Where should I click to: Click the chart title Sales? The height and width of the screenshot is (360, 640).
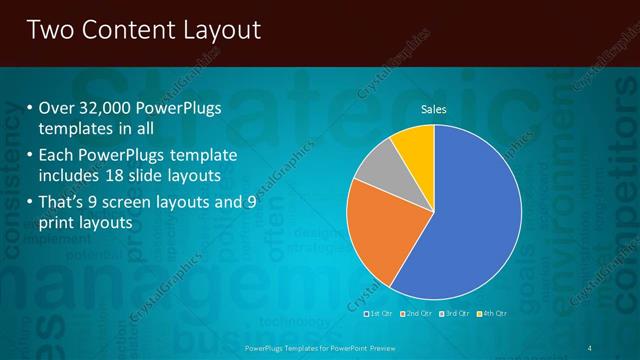(433, 109)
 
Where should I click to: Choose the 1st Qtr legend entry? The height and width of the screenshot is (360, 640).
(379, 313)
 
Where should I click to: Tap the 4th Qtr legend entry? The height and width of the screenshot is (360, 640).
(492, 313)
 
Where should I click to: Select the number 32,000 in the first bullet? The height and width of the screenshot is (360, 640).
(107, 108)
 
